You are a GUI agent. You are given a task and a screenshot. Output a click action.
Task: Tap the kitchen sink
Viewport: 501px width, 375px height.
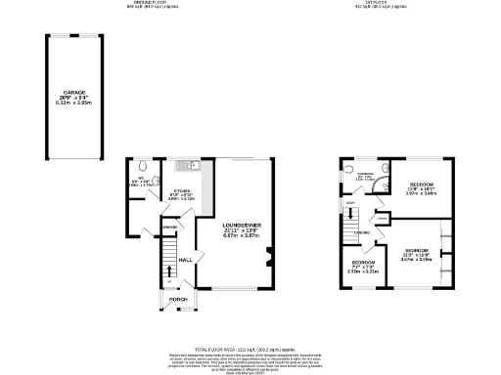click(x=194, y=167)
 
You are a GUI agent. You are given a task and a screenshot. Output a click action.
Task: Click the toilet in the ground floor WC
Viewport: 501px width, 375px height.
click(x=143, y=165)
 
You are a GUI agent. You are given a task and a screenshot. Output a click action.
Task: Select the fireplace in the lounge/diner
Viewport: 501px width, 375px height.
click(x=270, y=260)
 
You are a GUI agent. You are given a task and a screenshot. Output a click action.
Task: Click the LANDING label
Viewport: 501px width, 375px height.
click(x=361, y=232)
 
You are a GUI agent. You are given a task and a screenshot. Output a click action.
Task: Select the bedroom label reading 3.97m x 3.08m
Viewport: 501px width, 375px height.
click(x=422, y=189)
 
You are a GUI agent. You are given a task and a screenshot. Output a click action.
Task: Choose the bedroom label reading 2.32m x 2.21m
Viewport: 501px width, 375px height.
click(x=363, y=268)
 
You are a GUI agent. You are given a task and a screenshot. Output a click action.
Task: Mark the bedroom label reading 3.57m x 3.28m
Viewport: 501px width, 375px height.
click(x=416, y=256)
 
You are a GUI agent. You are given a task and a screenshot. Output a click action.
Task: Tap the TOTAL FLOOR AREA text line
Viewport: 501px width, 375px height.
click(x=250, y=348)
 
